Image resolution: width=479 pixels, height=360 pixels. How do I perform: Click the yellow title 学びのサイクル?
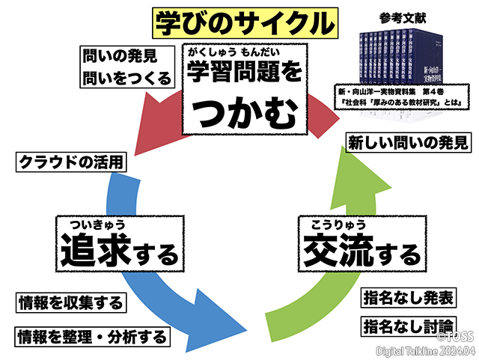(244, 22)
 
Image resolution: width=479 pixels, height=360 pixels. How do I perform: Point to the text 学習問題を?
(245, 73)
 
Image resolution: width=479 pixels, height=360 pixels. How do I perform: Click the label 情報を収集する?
(70, 303)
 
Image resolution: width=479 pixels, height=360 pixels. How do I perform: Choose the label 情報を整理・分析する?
(91, 335)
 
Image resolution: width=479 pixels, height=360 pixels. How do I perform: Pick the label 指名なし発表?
(407, 297)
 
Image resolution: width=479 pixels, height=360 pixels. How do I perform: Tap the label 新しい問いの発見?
(407, 141)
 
